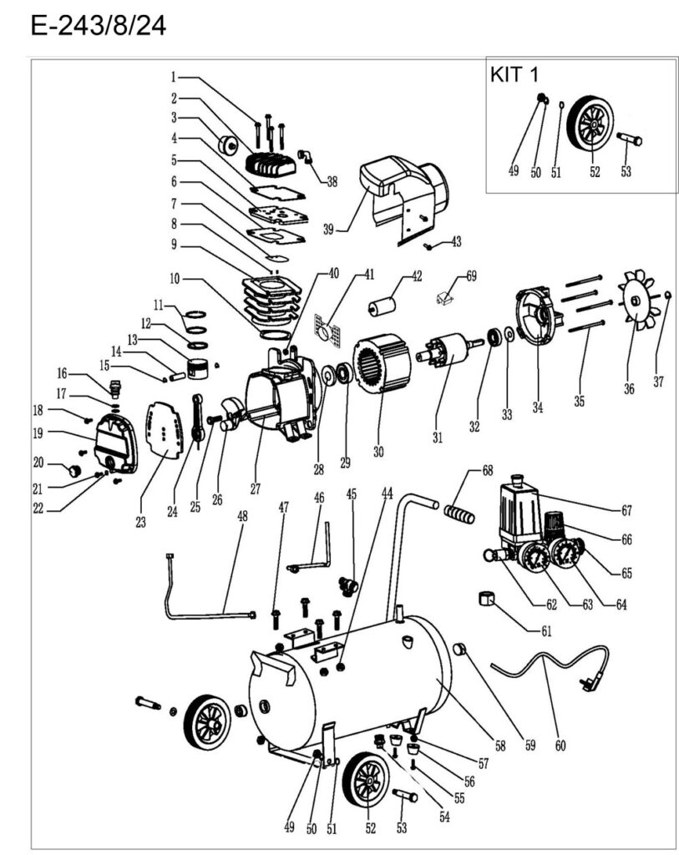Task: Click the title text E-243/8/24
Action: coord(99,25)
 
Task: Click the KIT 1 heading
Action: coord(514,74)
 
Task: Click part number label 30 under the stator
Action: coord(378,452)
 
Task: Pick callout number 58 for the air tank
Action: coord(500,746)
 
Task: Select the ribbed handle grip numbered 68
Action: coord(459,514)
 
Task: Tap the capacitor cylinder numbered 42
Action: coord(383,306)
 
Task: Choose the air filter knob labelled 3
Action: coord(228,146)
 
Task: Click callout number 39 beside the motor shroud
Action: coord(327,230)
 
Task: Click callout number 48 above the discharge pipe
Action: coord(243,516)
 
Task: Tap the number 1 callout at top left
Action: coord(174,77)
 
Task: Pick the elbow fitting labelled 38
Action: coord(306,155)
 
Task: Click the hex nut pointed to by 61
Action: coord(486,598)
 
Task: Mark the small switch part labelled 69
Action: coord(444,298)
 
